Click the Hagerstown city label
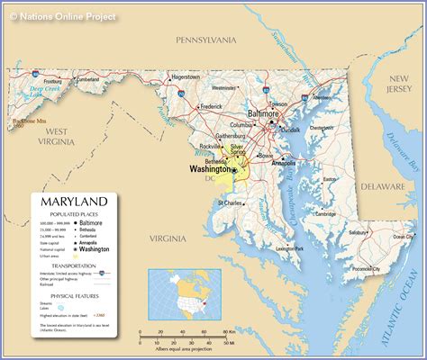(x=186, y=77)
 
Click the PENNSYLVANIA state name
(x=205, y=40)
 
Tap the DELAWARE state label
(x=383, y=186)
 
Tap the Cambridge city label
(x=325, y=214)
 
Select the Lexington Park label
(x=290, y=247)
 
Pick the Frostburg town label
(x=53, y=81)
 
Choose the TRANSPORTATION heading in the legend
(x=73, y=266)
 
